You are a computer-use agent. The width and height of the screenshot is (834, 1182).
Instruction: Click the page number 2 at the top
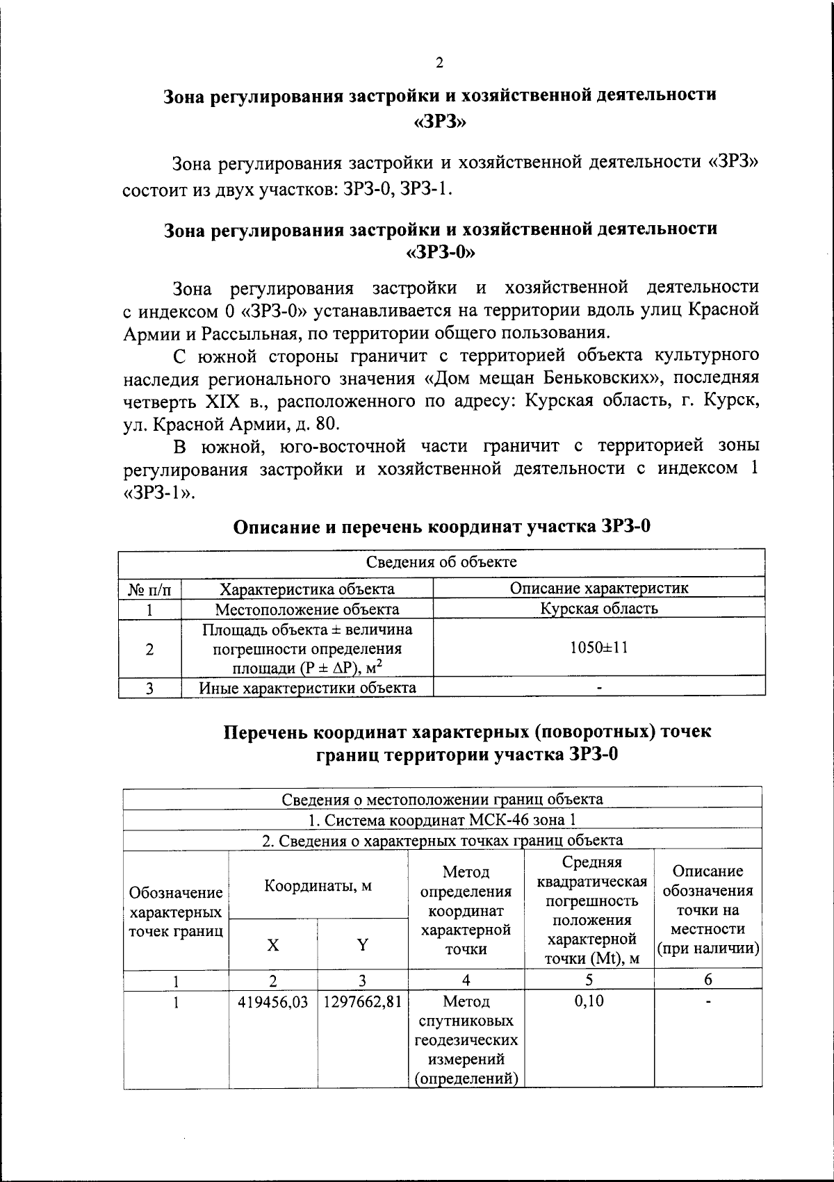point(439,63)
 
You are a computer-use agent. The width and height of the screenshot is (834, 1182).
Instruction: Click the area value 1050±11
point(598,648)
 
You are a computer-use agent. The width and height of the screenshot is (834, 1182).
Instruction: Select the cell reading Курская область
point(598,609)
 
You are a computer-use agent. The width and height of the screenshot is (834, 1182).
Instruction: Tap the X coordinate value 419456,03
point(272,1001)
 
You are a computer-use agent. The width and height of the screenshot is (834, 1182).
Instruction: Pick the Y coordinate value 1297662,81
point(362,1001)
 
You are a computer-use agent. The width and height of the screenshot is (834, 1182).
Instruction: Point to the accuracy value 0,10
point(589,1001)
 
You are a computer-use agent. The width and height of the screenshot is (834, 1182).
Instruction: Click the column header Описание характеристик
point(598,588)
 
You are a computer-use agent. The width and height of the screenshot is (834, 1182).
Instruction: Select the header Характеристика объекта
point(306,589)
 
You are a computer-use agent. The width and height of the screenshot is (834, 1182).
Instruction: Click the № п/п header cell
point(149,589)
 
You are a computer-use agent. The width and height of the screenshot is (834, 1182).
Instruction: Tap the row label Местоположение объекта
point(306,609)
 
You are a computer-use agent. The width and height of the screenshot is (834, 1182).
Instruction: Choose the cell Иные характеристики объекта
point(307,688)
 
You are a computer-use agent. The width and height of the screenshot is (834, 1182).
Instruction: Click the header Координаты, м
point(318,885)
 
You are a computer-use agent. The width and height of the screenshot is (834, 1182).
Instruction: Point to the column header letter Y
point(362,944)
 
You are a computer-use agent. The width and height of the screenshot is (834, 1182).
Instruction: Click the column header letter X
point(273,944)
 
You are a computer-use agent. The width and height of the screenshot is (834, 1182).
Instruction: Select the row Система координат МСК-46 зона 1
point(442,820)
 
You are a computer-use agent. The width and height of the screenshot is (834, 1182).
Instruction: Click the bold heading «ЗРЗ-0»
point(440,252)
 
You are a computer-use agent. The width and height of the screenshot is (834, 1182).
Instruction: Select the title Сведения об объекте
point(441,561)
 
